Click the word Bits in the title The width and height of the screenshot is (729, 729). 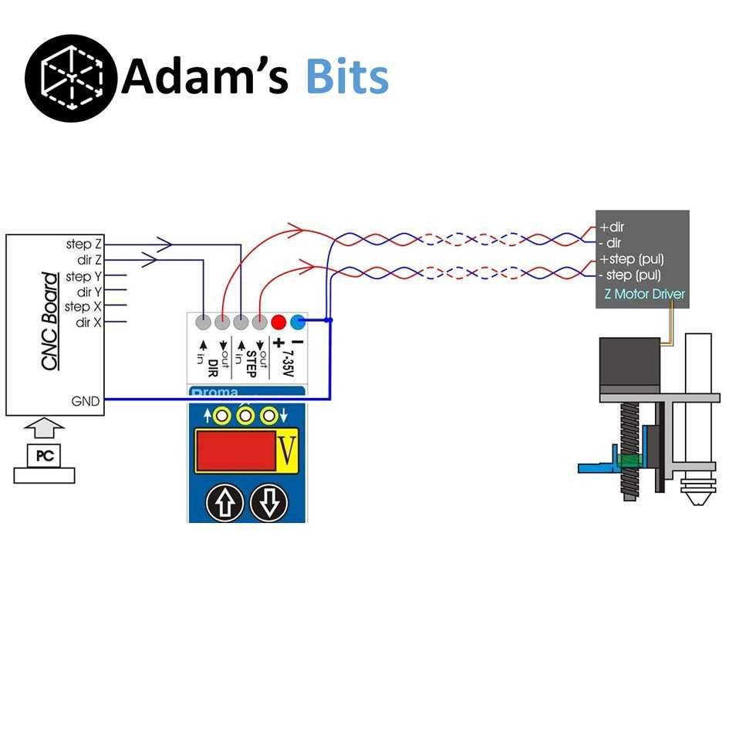click(x=346, y=77)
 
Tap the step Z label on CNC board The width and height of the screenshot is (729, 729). click(x=83, y=245)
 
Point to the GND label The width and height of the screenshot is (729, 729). click(x=85, y=400)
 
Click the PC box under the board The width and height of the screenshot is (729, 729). click(x=45, y=456)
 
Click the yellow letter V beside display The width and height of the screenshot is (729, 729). click(x=287, y=451)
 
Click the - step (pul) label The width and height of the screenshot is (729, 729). click(x=630, y=275)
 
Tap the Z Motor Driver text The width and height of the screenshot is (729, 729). click(x=639, y=294)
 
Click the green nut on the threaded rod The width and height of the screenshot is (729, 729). click(x=629, y=461)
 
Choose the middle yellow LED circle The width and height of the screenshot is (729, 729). click(x=246, y=417)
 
